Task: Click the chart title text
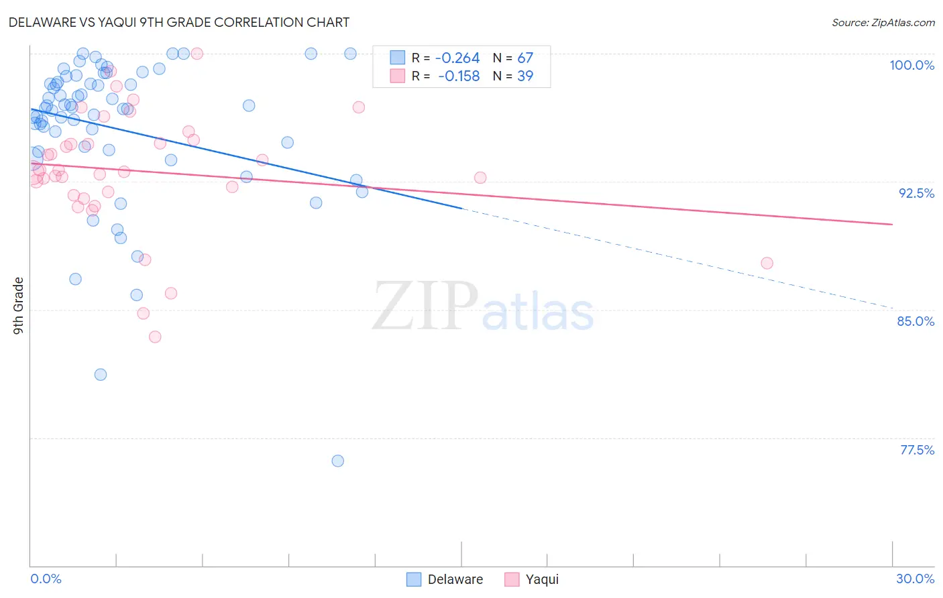click(179, 22)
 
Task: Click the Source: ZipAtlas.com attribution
click(883, 23)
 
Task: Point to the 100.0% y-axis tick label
click(911, 65)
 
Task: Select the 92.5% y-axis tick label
click(916, 193)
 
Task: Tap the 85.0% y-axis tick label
click(916, 321)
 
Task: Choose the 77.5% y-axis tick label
click(917, 450)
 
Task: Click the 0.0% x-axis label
click(46, 579)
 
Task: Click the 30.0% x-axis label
click(915, 579)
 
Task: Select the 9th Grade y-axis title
click(19, 306)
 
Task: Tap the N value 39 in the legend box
click(525, 76)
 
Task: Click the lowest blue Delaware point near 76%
click(338, 461)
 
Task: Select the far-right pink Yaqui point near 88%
click(767, 263)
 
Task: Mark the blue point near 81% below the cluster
click(101, 374)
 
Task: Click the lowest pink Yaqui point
click(155, 337)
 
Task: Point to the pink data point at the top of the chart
click(197, 54)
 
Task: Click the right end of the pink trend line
click(892, 224)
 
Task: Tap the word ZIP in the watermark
click(425, 307)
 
